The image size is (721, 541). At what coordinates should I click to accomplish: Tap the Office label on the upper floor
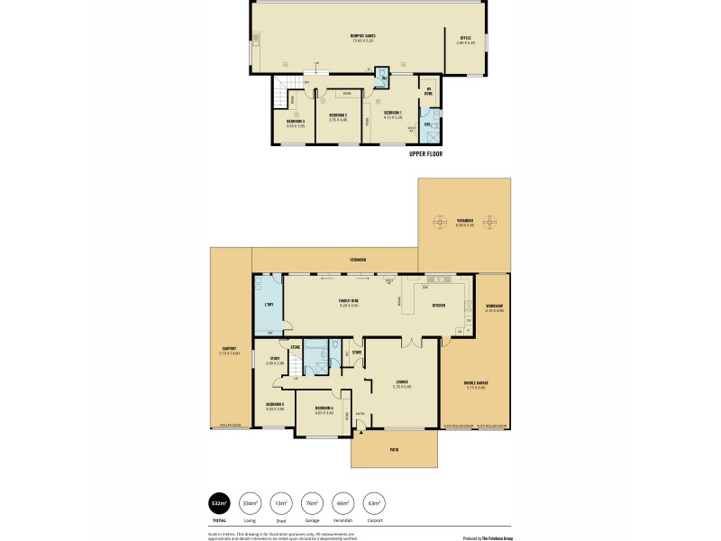point(464,39)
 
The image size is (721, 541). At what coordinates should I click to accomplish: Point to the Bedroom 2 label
point(338,116)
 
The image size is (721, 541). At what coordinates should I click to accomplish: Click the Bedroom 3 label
point(296,123)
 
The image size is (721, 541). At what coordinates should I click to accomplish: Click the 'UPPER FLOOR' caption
point(425,153)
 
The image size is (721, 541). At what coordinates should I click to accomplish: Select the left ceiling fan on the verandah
point(440,221)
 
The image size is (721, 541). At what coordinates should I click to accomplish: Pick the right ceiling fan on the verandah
point(489,221)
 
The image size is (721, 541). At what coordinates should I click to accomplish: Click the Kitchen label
point(439,306)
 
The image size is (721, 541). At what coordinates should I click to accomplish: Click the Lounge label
point(401,384)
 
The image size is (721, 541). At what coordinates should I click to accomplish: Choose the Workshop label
point(494,308)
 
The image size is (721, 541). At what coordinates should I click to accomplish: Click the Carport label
point(227,351)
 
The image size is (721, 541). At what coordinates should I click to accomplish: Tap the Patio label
point(394,448)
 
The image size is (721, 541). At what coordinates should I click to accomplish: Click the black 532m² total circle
point(218,502)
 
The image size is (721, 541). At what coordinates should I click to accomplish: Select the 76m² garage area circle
point(312,502)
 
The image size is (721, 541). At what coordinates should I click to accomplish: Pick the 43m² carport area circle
point(374,502)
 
